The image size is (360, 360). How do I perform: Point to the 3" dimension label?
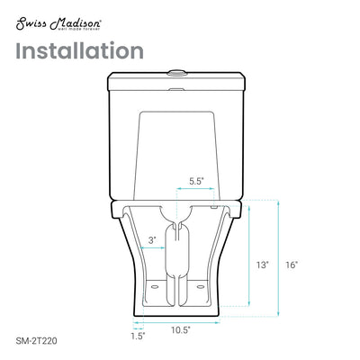pyautogui.click(x=153, y=238)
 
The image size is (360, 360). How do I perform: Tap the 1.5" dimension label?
pyautogui.click(x=137, y=338)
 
